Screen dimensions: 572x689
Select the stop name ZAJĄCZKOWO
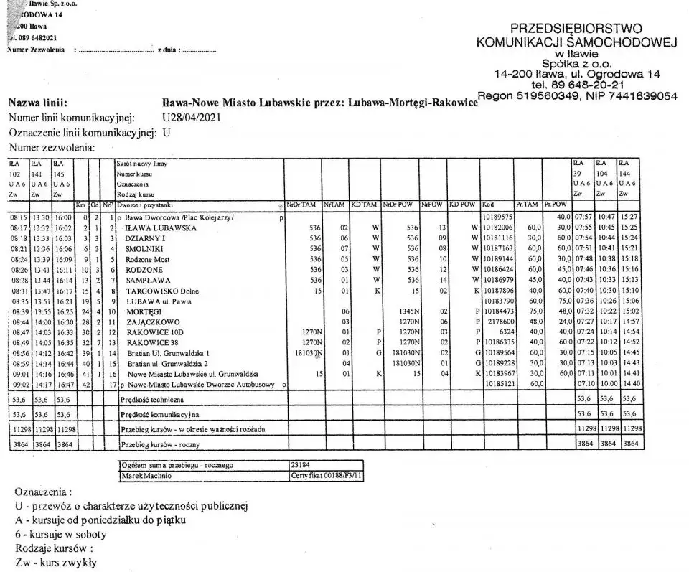[x=150, y=322]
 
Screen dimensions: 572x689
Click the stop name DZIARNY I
[x=145, y=238]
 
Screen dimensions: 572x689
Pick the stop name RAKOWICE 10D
[x=156, y=333]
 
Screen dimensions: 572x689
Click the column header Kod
[x=489, y=205]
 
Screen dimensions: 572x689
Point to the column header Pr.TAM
[x=525, y=205]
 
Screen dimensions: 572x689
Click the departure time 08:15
[x=18, y=217]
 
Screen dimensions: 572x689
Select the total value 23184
[x=301, y=465]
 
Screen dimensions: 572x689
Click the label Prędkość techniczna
[x=152, y=399]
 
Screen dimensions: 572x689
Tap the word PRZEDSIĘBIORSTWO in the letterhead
[x=576, y=29]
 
